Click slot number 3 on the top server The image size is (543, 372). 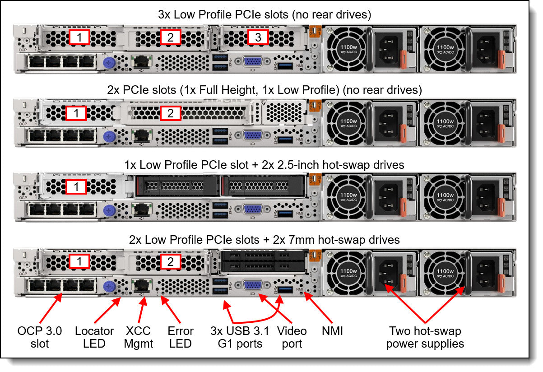258,37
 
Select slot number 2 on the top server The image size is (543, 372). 170,37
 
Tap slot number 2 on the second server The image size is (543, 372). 170,113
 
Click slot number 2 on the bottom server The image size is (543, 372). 170,261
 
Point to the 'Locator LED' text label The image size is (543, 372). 94,337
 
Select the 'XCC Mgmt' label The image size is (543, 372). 138,337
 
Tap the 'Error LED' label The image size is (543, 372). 181,337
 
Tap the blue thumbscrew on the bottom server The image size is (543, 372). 108,286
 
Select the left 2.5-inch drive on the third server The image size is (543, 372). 176,186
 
